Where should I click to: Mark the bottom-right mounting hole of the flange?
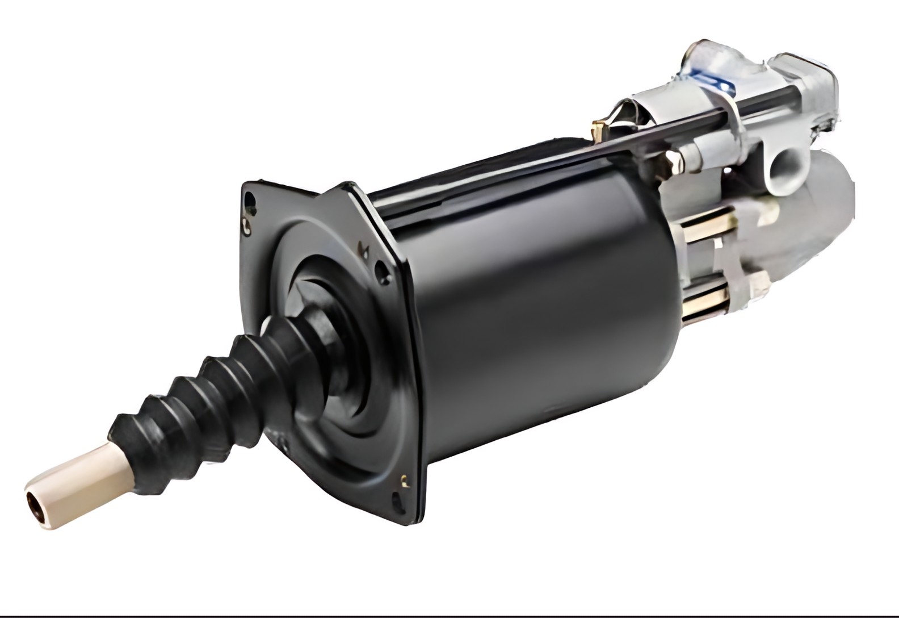coord(399,502)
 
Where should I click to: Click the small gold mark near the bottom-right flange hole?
coord(404,480)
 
